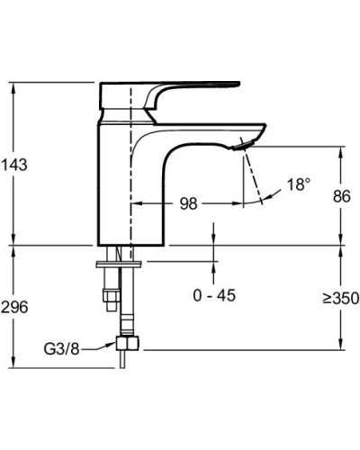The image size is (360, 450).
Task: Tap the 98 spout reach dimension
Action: click(x=188, y=203)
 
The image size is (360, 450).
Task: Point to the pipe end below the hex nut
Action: click(x=121, y=364)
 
